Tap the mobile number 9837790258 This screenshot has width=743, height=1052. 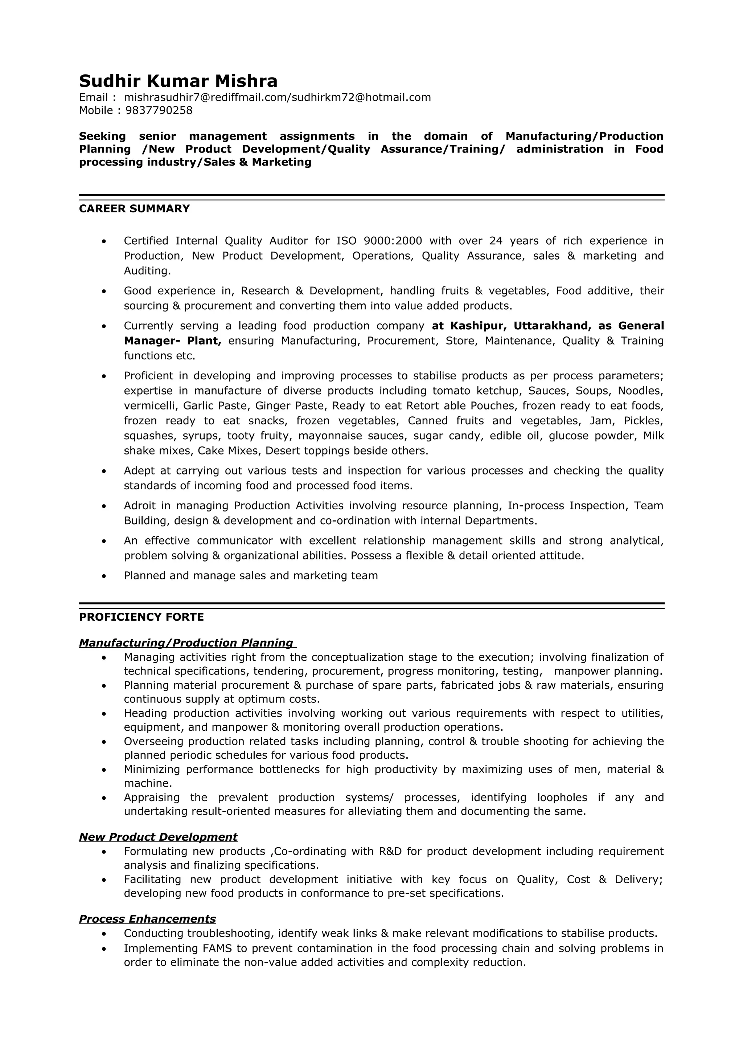[159, 110]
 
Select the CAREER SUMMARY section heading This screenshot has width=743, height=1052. [134, 209]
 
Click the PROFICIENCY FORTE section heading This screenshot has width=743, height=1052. [141, 617]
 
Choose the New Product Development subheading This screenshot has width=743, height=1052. [158, 837]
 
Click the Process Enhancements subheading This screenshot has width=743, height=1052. [147, 919]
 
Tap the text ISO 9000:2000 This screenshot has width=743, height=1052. [379, 241]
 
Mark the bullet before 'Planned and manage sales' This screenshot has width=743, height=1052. [104, 576]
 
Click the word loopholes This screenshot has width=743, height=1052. [562, 798]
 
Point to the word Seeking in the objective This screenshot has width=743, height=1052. [102, 136]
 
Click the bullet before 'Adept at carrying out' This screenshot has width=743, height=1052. [104, 471]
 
